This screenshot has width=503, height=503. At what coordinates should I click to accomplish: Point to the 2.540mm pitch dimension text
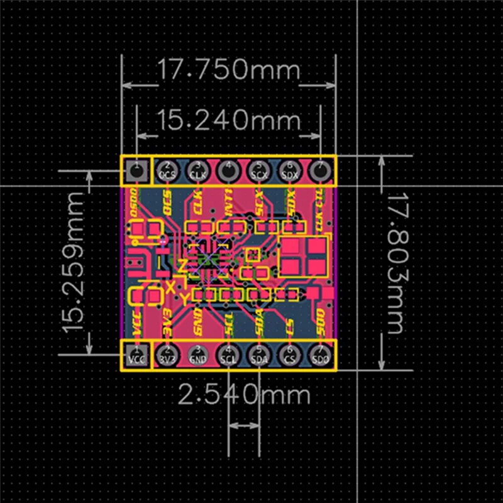[x=244, y=395]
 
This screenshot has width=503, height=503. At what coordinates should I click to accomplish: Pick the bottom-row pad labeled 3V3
[x=167, y=355]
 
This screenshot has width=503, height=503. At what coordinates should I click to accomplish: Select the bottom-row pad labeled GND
[x=198, y=355]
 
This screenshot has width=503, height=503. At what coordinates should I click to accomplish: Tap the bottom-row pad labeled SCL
[x=229, y=355]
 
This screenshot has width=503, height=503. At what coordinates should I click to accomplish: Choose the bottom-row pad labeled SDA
[x=259, y=355]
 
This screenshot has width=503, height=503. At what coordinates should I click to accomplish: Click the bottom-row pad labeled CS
[x=290, y=355]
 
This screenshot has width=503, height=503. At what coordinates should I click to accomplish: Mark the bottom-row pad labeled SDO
[x=321, y=355]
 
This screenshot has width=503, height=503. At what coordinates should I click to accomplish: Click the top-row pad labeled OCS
[x=167, y=170]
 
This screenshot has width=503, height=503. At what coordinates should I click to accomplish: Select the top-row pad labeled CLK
[x=198, y=170]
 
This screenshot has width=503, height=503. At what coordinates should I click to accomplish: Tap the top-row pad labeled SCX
[x=259, y=170]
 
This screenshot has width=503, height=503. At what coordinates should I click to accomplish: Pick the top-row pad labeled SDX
[x=290, y=170]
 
